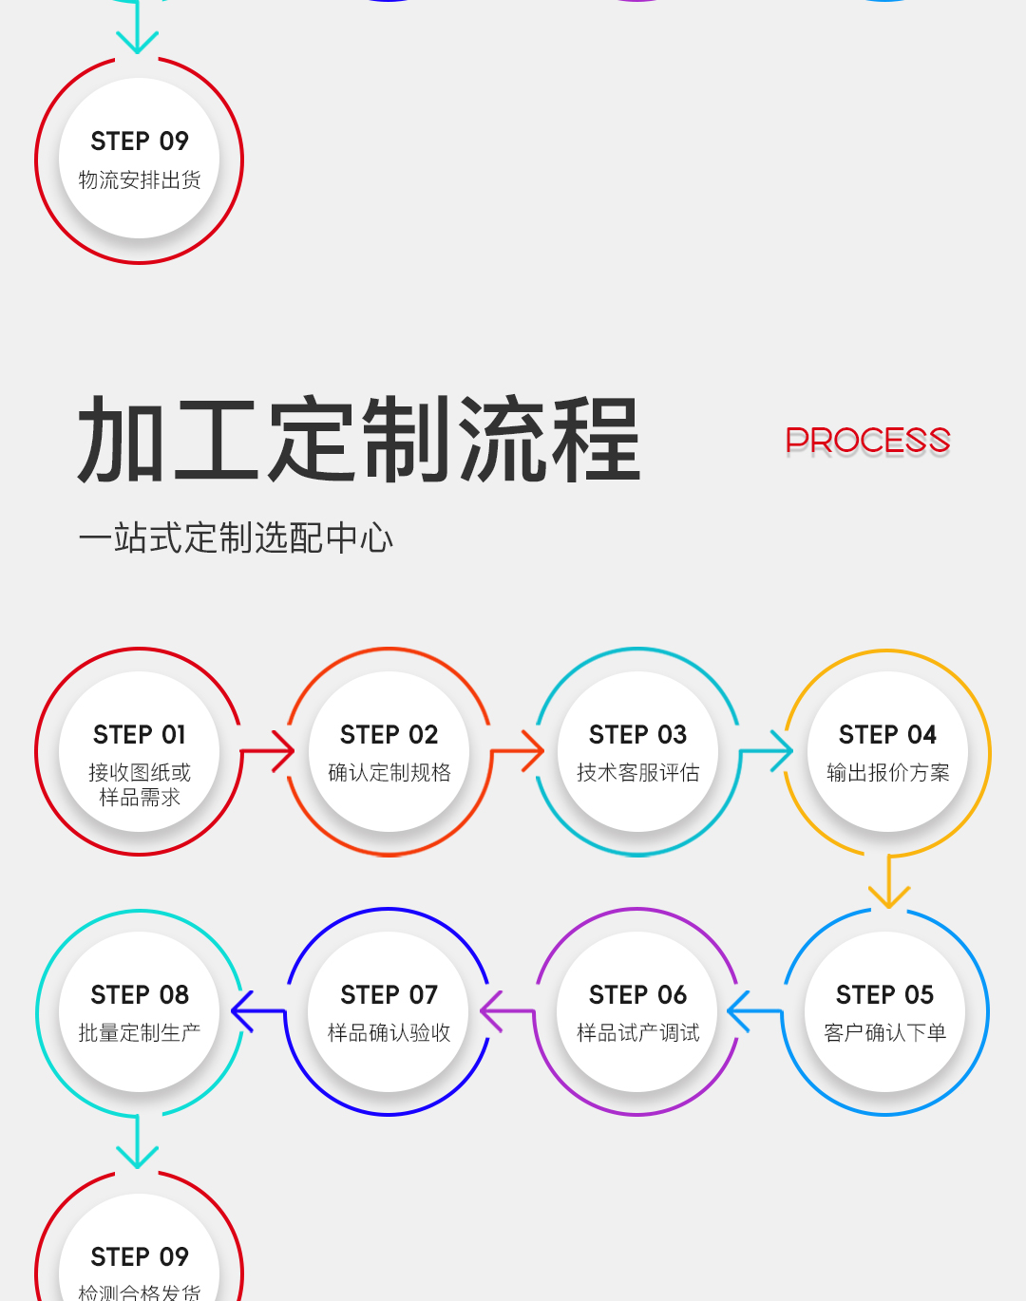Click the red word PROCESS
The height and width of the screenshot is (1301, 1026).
click(x=867, y=441)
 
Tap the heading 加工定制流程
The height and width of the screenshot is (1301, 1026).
click(x=359, y=440)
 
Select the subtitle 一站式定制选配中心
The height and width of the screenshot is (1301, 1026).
click(x=236, y=537)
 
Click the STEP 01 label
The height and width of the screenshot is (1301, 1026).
click(x=140, y=734)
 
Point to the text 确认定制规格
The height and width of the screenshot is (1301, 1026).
click(x=389, y=773)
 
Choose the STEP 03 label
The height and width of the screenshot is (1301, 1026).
click(x=637, y=734)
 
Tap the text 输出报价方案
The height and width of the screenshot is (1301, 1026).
click(x=887, y=773)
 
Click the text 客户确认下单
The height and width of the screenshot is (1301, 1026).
click(x=884, y=1033)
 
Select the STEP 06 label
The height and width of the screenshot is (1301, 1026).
click(x=637, y=994)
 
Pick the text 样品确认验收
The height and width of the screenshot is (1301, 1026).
click(x=389, y=1033)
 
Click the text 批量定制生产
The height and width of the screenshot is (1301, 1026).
click(x=140, y=1033)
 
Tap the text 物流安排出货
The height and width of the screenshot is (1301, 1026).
click(x=140, y=180)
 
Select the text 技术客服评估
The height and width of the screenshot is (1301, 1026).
click(x=637, y=773)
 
